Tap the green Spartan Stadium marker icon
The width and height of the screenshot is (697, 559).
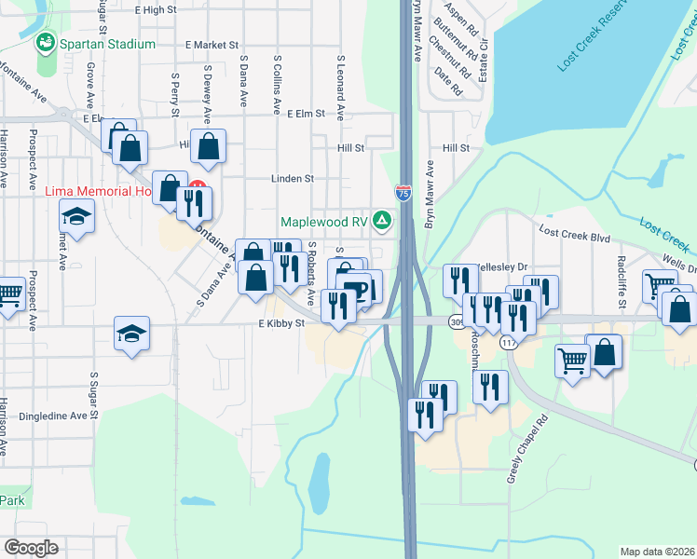click(44, 43)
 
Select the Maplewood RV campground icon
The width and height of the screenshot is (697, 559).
click(381, 221)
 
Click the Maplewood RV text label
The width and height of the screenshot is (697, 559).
click(325, 222)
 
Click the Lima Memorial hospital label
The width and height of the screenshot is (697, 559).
click(98, 192)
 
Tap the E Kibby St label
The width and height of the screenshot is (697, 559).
click(281, 323)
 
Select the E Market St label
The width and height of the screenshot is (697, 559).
click(212, 44)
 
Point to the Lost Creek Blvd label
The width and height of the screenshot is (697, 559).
click(574, 237)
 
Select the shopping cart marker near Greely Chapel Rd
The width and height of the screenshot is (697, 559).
click(572, 361)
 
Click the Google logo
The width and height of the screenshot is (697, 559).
click(32, 548)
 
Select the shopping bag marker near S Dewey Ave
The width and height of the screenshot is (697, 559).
click(210, 147)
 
